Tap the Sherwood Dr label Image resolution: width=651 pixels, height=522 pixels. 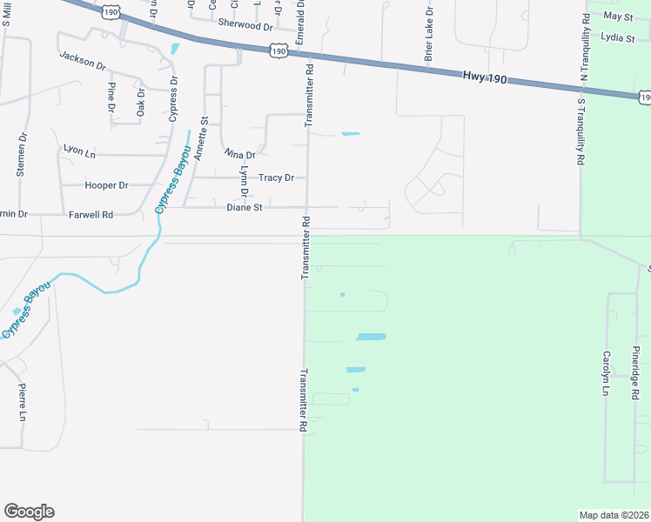coord(245,24)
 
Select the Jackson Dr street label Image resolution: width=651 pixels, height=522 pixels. coord(83,60)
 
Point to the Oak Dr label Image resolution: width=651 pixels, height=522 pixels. coord(141,102)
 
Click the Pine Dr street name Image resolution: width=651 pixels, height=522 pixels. coord(111,97)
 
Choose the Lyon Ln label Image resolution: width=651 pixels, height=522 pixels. coord(79,151)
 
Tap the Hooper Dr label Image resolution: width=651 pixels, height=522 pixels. coord(106,185)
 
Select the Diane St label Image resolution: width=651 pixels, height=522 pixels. coord(245,208)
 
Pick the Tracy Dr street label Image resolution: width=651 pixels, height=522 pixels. coord(276,177)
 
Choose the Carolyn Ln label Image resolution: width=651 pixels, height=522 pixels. coord(606,373)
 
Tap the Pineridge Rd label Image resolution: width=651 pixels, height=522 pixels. coord(636,373)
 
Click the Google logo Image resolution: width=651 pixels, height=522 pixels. coord(29,512)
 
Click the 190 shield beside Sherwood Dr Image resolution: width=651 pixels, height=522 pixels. coord(278,52)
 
